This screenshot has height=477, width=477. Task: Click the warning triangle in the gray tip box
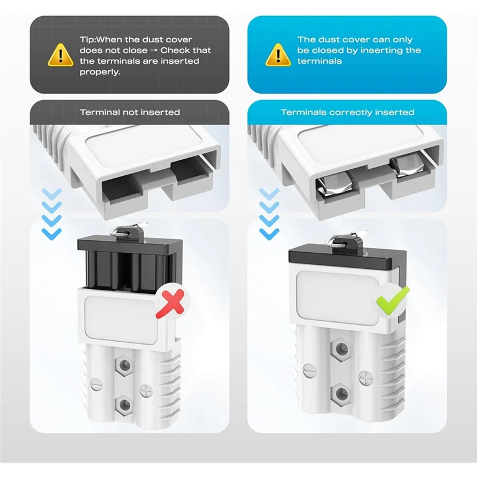click(x=60, y=54)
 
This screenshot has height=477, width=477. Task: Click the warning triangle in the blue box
click(x=278, y=54)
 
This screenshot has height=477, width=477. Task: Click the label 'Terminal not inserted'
click(x=130, y=112)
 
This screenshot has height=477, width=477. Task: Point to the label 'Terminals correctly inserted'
click(x=347, y=112)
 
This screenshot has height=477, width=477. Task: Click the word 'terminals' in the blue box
click(x=320, y=61)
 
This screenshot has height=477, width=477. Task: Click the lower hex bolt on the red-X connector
click(x=125, y=405)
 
